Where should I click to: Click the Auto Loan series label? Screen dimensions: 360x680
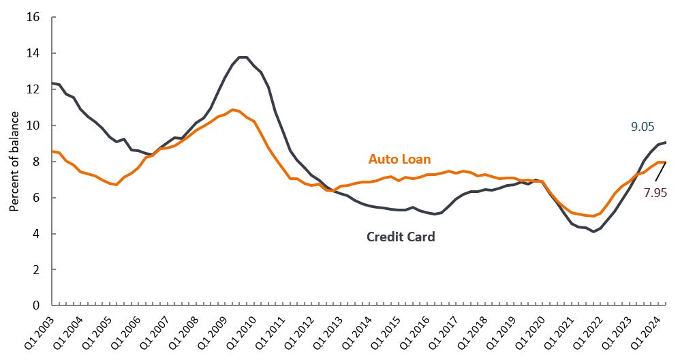click(x=399, y=159)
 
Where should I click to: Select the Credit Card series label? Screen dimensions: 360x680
click(x=401, y=237)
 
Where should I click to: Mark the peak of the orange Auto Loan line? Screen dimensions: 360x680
click(x=233, y=110)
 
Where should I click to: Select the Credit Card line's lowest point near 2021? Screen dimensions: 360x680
click(x=594, y=232)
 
